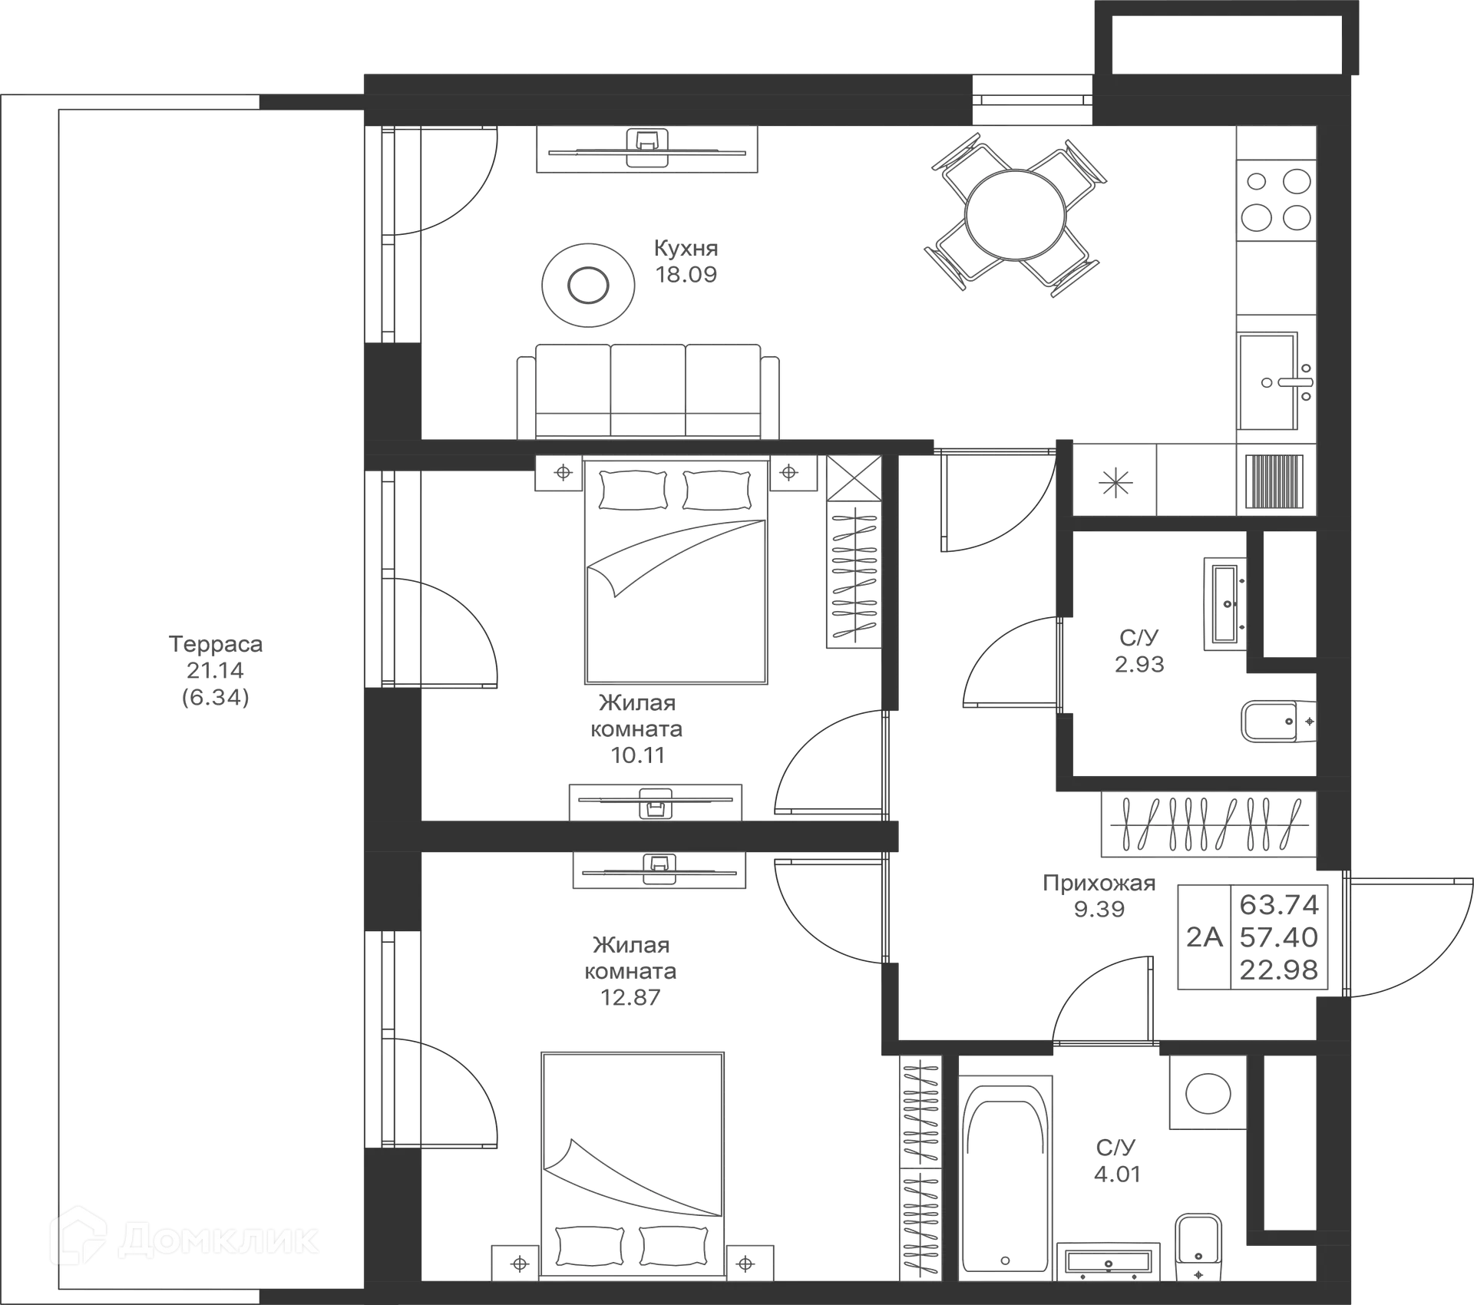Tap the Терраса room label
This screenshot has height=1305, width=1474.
pyautogui.click(x=216, y=644)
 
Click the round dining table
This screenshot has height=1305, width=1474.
pyautogui.click(x=1017, y=214)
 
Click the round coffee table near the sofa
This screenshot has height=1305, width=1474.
pyautogui.click(x=588, y=286)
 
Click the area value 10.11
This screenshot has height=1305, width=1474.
pyautogui.click(x=636, y=755)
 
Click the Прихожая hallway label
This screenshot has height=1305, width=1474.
pyautogui.click(x=1098, y=884)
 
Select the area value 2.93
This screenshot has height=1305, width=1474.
pyautogui.click(x=1140, y=663)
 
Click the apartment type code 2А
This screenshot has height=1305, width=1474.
pyautogui.click(x=1204, y=937)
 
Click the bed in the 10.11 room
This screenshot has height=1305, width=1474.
pyautogui.click(x=676, y=576)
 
